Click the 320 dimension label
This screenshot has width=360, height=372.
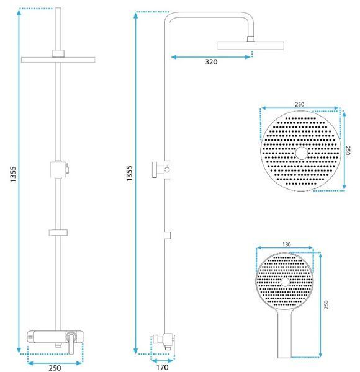click(x=211, y=62)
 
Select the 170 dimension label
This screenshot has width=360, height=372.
click(x=162, y=367)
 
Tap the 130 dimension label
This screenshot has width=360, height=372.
click(x=287, y=244)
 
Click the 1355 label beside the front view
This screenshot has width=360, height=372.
click(x=13, y=174)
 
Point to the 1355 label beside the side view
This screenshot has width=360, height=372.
click(x=129, y=174)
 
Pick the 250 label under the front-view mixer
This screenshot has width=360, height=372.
click(x=55, y=368)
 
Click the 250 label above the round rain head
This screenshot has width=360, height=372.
click(x=299, y=104)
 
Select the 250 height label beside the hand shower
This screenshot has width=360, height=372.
click(x=326, y=304)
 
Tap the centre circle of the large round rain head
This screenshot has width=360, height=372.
click(x=302, y=153)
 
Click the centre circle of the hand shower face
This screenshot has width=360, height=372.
click(x=285, y=282)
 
